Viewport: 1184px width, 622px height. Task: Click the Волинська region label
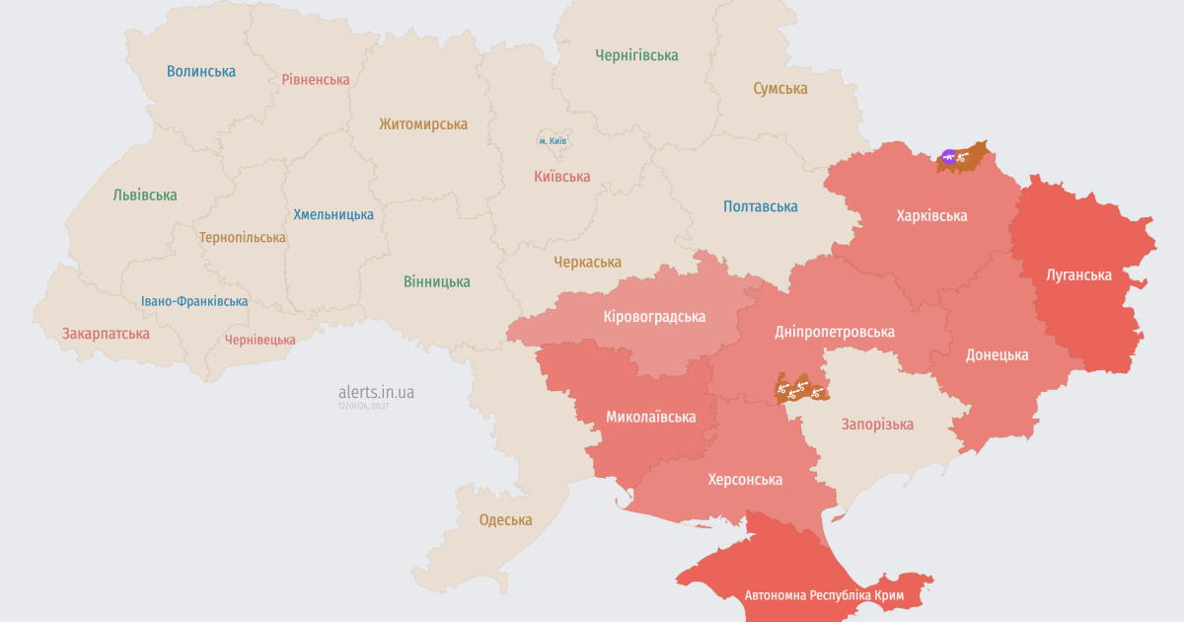pyautogui.click(x=201, y=71)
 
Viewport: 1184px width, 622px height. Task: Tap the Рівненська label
pyautogui.click(x=316, y=79)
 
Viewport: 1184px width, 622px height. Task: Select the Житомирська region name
pyautogui.click(x=423, y=124)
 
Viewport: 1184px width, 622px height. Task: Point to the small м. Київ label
pyautogui.click(x=553, y=141)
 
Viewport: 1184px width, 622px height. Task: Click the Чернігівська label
pyautogui.click(x=636, y=55)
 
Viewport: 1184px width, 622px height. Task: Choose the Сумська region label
pyautogui.click(x=780, y=88)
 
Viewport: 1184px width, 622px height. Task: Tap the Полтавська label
pyautogui.click(x=760, y=206)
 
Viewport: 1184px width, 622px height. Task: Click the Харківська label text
pyautogui.click(x=931, y=215)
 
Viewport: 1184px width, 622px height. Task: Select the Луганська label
pyautogui.click(x=1078, y=274)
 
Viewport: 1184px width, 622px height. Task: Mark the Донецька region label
pyautogui.click(x=997, y=354)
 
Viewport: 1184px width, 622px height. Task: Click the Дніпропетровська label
pyautogui.click(x=835, y=331)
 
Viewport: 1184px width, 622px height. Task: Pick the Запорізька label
pyautogui.click(x=877, y=424)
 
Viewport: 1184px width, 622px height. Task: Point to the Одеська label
pyautogui.click(x=505, y=519)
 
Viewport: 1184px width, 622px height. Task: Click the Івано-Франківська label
pyautogui.click(x=194, y=301)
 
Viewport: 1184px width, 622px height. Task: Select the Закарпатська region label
pyautogui.click(x=106, y=333)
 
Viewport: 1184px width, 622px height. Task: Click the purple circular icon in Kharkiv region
pyautogui.click(x=948, y=156)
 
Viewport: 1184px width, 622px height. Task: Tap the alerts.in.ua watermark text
pyautogui.click(x=376, y=392)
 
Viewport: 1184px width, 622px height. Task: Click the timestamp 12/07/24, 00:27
pyautogui.click(x=363, y=406)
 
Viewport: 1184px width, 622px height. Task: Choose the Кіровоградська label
pyautogui.click(x=654, y=317)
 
